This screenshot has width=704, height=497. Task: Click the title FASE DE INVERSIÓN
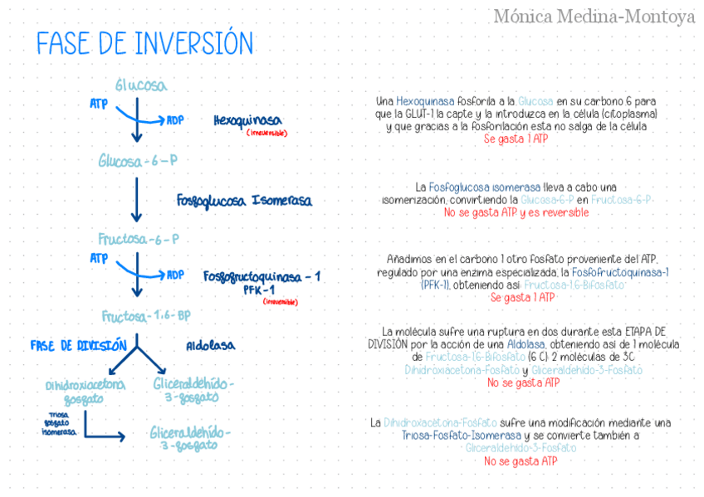[x=144, y=43]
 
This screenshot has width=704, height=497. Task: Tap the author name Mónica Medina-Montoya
[x=594, y=16]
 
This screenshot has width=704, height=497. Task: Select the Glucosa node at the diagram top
[x=140, y=85]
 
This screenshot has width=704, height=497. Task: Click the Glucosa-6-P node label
[x=138, y=160]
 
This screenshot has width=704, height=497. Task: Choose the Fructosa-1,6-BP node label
[x=146, y=316]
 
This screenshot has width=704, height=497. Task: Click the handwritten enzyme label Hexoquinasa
[x=247, y=120]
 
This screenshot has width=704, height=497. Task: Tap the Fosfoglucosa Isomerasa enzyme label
[x=244, y=201]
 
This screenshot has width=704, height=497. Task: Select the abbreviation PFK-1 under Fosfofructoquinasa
[x=259, y=290]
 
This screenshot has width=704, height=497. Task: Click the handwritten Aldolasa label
[x=210, y=345]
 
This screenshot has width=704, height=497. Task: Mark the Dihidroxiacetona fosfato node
[x=86, y=391]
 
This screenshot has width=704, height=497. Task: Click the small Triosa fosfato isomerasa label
[x=58, y=422]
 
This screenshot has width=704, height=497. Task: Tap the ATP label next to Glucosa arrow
[x=99, y=104]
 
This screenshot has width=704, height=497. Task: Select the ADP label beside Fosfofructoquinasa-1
[x=175, y=275]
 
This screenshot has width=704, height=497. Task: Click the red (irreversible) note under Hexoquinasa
[x=266, y=133]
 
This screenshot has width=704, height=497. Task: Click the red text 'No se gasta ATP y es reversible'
[x=516, y=212]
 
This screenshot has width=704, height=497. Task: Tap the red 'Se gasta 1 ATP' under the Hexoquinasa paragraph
[x=516, y=139]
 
